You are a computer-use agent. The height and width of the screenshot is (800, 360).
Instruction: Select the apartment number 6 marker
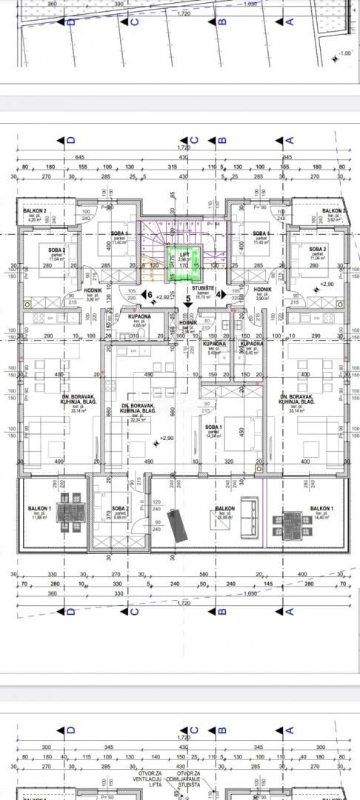pyautogui.click(x=149, y=294)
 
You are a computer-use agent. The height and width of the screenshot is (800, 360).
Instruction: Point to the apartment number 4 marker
pyautogui.click(x=220, y=294)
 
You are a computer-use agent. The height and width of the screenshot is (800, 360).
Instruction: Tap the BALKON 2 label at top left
pyautogui.click(x=34, y=211)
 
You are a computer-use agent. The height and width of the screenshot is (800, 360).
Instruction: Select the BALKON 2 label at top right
pyautogui.click(x=335, y=211)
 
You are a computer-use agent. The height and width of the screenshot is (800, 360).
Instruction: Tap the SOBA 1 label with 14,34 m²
pyautogui.click(x=215, y=429)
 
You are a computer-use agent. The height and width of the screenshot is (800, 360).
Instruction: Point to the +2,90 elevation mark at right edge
pyautogui.click(x=328, y=284)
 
